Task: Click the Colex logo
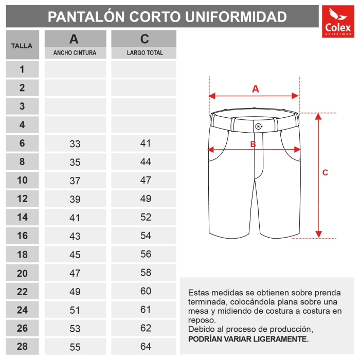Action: click(x=337, y=22)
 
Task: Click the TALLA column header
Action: click(x=22, y=45)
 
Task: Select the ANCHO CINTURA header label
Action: click(x=75, y=53)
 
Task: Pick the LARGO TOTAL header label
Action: click(x=145, y=53)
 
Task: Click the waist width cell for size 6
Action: click(x=75, y=144)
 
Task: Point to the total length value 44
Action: click(x=146, y=162)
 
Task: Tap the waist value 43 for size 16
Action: click(x=75, y=236)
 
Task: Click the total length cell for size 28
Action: click(x=146, y=347)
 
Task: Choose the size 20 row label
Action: click(x=22, y=273)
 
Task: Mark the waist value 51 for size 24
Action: click(x=75, y=310)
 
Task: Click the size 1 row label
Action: click(x=22, y=69)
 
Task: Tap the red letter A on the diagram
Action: click(x=256, y=88)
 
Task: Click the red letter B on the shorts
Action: click(x=253, y=145)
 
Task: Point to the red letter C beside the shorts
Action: click(x=325, y=173)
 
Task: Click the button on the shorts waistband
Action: click(x=258, y=126)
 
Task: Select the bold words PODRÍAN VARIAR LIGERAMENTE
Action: click(x=248, y=339)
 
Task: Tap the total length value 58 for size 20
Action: click(x=146, y=273)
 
